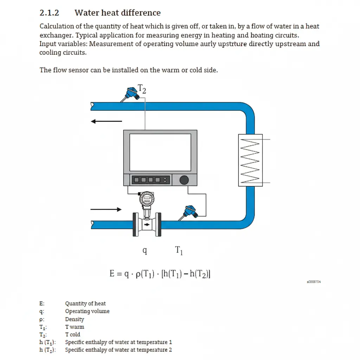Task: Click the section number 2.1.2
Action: pyautogui.click(x=49, y=13)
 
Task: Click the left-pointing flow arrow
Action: pyautogui.click(x=106, y=122)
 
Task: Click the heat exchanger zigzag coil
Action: pyautogui.click(x=250, y=160)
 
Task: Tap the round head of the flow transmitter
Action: pyautogui.click(x=147, y=200)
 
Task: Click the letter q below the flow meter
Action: pyautogui.click(x=144, y=250)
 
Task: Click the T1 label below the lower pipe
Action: pyautogui.click(x=179, y=251)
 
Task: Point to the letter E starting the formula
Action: pyautogui.click(x=112, y=274)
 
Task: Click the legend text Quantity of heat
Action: pyautogui.click(x=85, y=304)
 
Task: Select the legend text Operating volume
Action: pyautogui.click(x=87, y=311)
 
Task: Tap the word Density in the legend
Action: pyautogui.click(x=75, y=319)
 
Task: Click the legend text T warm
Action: pyautogui.click(x=75, y=327)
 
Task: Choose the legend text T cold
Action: pyautogui.click(x=73, y=335)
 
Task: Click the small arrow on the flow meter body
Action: pyautogui.click(x=147, y=224)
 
